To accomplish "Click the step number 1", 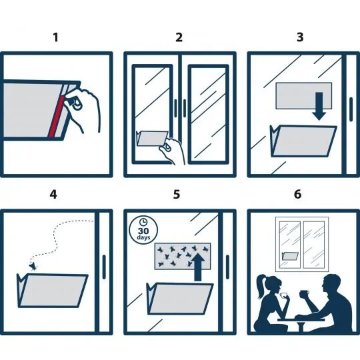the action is coord(56,37).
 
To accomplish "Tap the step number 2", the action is coord(179,37).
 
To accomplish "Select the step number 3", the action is coord(300,37).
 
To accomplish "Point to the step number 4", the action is coord(53,195).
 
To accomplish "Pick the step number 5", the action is coord(177,195).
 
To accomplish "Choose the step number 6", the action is coord(297,195).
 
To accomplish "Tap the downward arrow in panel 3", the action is coord(319,106).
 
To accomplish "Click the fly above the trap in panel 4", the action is coord(33,267).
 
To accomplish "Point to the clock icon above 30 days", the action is coord(143,222).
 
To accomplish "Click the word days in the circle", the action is coord(143,237).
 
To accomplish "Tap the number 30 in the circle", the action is coord(143,231).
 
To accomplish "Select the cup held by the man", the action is coord(304,293).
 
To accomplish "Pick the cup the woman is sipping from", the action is coord(283,295).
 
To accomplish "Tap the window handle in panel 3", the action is coord(351,109).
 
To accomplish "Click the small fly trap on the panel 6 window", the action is coord(290,256).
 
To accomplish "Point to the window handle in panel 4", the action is coord(104,267).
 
